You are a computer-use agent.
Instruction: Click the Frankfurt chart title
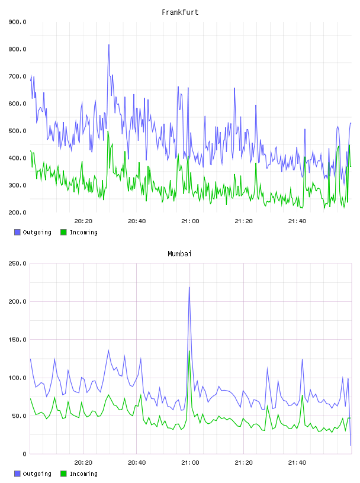coord(180,12)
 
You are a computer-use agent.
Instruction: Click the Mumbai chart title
coord(179,254)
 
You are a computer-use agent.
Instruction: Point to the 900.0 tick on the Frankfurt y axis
coord(17,22)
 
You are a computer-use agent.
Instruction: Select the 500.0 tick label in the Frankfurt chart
coord(17,131)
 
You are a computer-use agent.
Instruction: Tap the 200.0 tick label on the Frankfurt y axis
coord(17,212)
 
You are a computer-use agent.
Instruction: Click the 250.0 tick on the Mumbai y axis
coord(17,263)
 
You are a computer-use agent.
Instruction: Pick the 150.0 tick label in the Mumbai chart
coord(17,340)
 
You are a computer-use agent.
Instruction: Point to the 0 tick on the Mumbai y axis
coord(24,454)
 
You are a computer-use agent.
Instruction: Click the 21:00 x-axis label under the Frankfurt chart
coord(190,221)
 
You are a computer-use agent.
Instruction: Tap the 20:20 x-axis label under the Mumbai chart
coord(83,463)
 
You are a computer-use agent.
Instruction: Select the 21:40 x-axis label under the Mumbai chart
coord(297,463)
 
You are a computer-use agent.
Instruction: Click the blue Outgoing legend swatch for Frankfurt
coord(17,232)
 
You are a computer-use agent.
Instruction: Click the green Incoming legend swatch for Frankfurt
coord(63,232)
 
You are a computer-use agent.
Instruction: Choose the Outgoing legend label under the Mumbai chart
coord(37,474)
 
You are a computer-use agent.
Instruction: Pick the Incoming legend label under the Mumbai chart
coord(83,474)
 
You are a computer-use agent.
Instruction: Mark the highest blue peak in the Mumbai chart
coord(189,288)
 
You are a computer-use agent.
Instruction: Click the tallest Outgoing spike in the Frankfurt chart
coord(109,45)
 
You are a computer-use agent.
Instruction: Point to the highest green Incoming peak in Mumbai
coord(189,351)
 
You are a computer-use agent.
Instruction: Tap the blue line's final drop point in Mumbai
coord(351,445)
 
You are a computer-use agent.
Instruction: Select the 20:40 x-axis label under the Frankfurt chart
coord(137,221)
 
